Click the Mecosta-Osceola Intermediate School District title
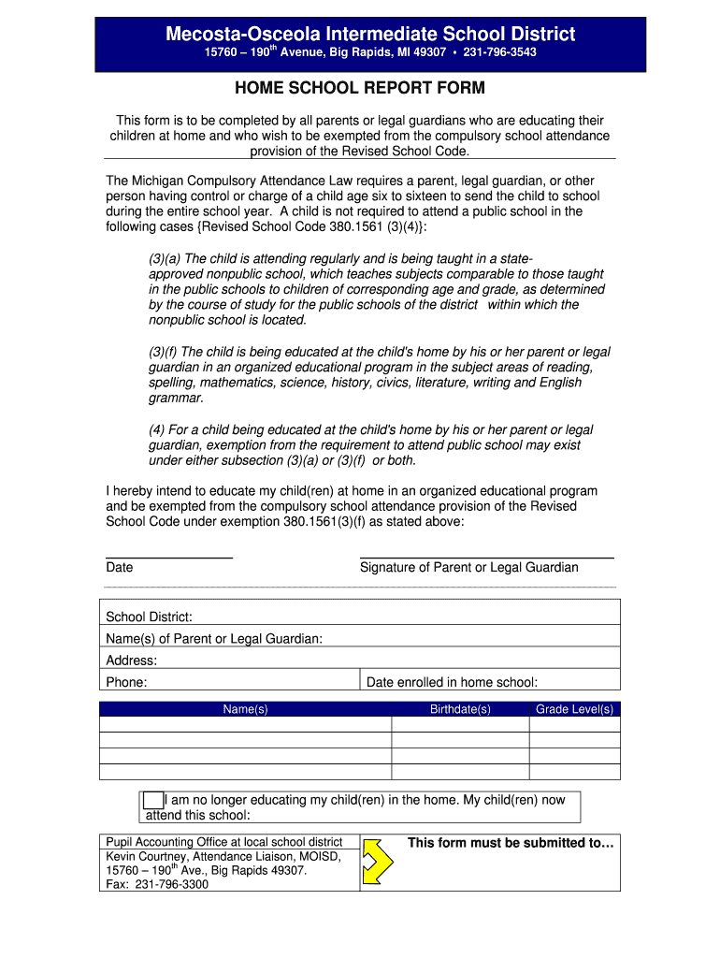pyautogui.click(x=370, y=35)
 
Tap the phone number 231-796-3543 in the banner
pyautogui.click(x=498, y=53)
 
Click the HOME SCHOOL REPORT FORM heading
pyautogui.click(x=360, y=89)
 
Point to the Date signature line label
pyautogui.click(x=120, y=567)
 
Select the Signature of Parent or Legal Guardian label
pyautogui.click(x=468, y=567)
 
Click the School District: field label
pyautogui.click(x=150, y=617)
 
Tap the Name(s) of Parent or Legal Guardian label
pyautogui.click(x=214, y=639)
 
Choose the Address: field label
pyautogui.click(x=132, y=660)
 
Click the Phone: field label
pyautogui.click(x=126, y=683)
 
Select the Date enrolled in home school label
pyautogui.click(x=452, y=683)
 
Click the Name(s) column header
pyautogui.click(x=245, y=710)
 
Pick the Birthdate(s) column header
pyautogui.click(x=460, y=710)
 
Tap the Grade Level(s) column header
pyautogui.click(x=574, y=710)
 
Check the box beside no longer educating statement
pyautogui.click(x=152, y=801)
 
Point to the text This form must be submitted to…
pyautogui.click(x=511, y=843)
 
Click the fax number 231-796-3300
pyautogui.click(x=172, y=884)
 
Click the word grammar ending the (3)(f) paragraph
pyautogui.click(x=175, y=398)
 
